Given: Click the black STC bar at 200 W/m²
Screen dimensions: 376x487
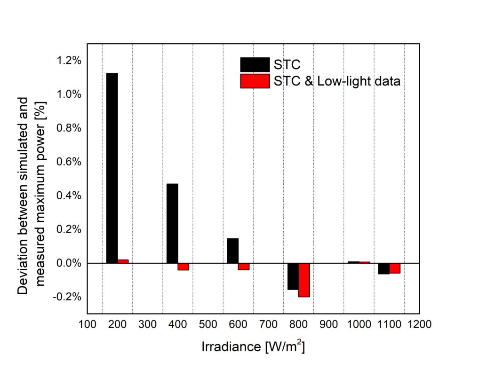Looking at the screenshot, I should click(x=112, y=168).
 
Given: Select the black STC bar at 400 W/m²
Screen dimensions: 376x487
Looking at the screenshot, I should click(x=172, y=223).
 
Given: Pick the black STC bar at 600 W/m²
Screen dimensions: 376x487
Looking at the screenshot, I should click(x=232, y=251).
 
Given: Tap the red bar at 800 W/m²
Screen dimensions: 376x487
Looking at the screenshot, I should click(x=304, y=280).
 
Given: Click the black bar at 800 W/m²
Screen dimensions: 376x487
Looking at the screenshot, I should click(x=293, y=276).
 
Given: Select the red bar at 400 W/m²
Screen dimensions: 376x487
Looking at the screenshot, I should click(x=184, y=266).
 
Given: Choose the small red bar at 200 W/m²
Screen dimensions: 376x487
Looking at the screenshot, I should click(x=123, y=261).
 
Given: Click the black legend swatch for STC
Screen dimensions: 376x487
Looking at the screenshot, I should click(x=255, y=64).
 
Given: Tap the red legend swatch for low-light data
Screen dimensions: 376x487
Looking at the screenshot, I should click(x=255, y=81).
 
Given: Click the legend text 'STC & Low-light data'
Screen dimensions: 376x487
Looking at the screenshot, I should click(x=337, y=81).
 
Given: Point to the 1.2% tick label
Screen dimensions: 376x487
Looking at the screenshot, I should click(x=69, y=61).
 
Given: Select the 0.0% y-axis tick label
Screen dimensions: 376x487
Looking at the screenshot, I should click(x=69, y=263).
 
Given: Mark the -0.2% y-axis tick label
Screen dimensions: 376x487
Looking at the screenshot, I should click(x=68, y=297).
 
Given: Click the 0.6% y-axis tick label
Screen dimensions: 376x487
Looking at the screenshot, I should click(x=69, y=162).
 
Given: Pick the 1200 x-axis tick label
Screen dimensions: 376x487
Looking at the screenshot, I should click(x=419, y=324).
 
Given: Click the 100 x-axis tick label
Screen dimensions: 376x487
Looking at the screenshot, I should click(x=87, y=324).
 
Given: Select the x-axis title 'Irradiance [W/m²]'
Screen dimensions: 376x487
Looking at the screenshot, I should click(x=253, y=347).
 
